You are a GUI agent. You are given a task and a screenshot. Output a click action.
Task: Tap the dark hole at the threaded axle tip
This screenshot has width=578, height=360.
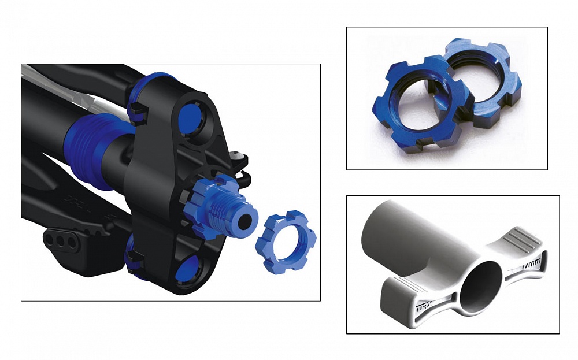[x=248, y=219]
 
